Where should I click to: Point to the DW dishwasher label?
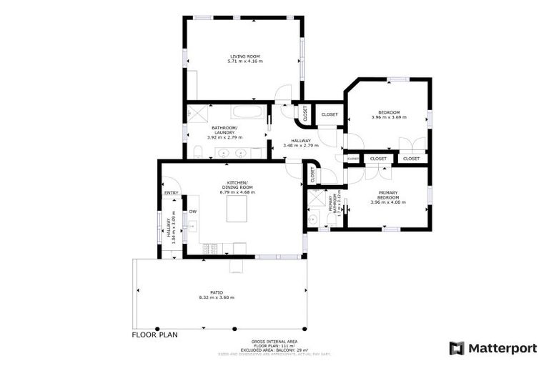pos(192,211)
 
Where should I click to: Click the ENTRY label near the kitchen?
pos(172,192)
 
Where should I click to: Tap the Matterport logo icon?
pos(457,348)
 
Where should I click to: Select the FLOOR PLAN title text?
pos(154,334)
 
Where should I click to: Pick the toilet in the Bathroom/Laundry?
pos(197,152)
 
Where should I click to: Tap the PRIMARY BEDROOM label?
pos(388,197)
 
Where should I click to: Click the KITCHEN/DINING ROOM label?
pos(237,187)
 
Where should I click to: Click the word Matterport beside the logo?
pos(503,348)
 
